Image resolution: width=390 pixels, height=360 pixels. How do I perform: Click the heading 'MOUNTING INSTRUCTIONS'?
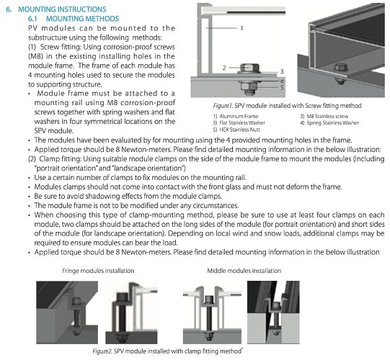click(x=62, y=9)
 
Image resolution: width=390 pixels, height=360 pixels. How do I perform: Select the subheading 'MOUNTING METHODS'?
click(x=82, y=19)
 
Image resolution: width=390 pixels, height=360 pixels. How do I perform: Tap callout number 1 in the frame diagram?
click(x=241, y=28)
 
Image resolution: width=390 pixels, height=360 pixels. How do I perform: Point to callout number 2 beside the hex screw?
click(x=224, y=68)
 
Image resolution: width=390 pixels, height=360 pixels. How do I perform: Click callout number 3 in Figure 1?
click(x=282, y=71)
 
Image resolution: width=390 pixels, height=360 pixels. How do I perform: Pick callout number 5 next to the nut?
click(x=282, y=87)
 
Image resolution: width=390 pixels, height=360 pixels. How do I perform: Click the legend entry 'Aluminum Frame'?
click(x=239, y=116)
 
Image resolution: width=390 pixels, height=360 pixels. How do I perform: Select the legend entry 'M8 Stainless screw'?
click(x=327, y=116)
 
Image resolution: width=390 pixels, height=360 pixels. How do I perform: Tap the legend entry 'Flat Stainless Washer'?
click(x=242, y=122)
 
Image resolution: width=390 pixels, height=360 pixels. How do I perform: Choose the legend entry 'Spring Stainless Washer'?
click(x=333, y=122)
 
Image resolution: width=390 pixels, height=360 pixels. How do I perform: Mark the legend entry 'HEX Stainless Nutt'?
click(x=239, y=130)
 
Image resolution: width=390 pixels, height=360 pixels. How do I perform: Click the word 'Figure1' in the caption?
click(x=222, y=106)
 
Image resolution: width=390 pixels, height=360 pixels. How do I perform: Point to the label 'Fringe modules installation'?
click(x=98, y=271)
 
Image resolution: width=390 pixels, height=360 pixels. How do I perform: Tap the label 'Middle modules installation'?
click(x=244, y=271)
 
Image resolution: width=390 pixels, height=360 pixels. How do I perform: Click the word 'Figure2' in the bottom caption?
click(x=102, y=351)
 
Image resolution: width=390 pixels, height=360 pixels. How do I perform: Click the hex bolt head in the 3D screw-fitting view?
click(x=339, y=68)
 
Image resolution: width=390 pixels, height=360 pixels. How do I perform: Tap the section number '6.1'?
click(x=32, y=19)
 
